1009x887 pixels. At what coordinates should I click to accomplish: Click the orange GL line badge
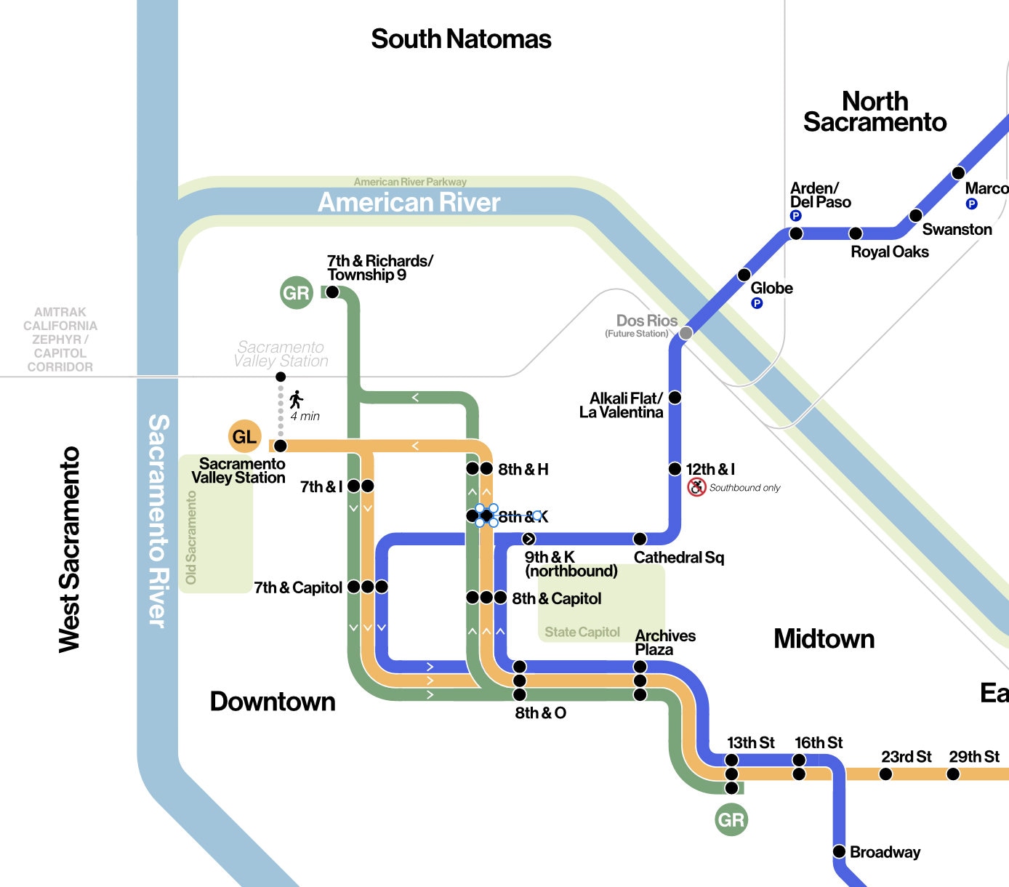244,436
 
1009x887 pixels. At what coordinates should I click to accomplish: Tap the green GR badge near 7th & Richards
296,293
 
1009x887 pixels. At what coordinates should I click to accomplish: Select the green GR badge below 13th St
731,820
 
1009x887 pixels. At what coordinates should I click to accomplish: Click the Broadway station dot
839,851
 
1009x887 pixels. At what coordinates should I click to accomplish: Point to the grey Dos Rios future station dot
686,333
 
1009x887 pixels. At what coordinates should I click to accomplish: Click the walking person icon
296,399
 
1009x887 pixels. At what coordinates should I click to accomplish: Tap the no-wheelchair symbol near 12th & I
696,487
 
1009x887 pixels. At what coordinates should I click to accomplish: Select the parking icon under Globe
757,303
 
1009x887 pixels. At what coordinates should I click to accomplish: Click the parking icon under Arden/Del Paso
795,216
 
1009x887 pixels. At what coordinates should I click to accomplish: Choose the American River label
409,202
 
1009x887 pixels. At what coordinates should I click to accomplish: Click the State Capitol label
582,633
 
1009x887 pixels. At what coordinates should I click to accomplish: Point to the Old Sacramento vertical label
191,537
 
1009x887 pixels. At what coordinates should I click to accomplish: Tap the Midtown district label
824,638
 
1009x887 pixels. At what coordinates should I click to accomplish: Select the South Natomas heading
461,39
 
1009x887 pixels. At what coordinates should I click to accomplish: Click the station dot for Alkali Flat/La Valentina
675,398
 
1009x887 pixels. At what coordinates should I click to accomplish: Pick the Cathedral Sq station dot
640,539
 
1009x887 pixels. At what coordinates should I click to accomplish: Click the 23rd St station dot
885,774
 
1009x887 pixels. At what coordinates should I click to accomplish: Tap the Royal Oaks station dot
856,233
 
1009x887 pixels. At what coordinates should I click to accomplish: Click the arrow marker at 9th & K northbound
528,539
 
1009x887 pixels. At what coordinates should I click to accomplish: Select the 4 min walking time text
305,417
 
